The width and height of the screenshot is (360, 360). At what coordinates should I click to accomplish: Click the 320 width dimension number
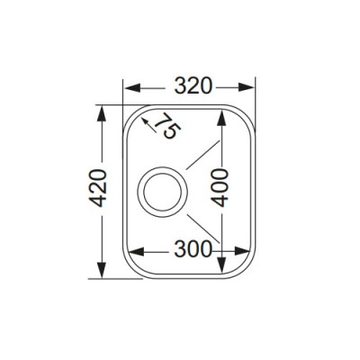coord(193,86)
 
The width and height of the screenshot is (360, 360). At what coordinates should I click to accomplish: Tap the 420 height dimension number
coord(99,188)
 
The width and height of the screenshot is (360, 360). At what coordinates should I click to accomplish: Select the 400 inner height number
coord(220,188)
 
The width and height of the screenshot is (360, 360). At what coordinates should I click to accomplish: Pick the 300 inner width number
coord(193,249)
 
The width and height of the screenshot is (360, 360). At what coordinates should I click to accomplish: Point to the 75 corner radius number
coord(168,126)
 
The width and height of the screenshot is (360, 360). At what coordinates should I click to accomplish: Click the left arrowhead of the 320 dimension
coord(132,87)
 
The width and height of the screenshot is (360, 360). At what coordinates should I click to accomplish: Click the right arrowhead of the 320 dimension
coord(247,87)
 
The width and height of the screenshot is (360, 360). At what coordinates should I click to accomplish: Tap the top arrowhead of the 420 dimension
coord(102,113)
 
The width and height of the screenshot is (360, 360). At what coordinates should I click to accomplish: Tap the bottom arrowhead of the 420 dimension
coord(102,270)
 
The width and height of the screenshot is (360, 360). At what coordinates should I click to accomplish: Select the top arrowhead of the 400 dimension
coord(221,118)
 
